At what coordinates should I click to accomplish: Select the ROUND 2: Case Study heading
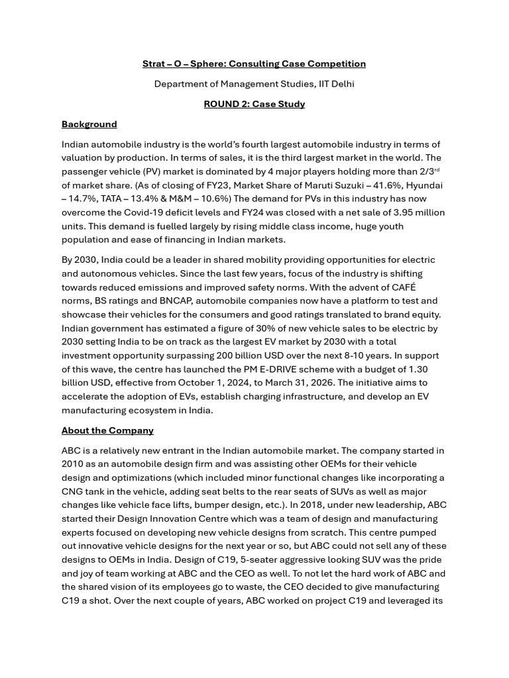(x=254, y=104)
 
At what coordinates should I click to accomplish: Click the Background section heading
(x=89, y=124)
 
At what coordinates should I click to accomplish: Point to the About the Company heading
(x=107, y=430)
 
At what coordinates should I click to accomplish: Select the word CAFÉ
(x=403, y=287)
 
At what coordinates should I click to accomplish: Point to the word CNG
(x=73, y=491)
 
